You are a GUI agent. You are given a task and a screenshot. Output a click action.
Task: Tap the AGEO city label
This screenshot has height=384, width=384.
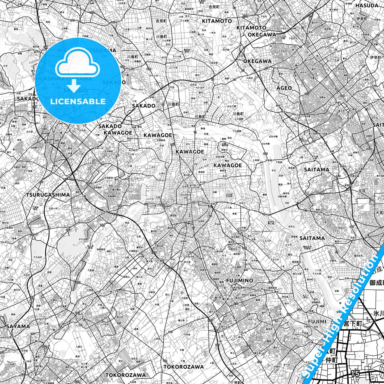[284, 88]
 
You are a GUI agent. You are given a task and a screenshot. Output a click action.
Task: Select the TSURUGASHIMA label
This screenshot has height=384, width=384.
[48, 195]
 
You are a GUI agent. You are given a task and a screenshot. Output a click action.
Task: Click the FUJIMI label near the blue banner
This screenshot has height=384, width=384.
[317, 321]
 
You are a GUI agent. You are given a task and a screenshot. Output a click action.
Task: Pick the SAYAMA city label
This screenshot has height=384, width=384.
[18, 326]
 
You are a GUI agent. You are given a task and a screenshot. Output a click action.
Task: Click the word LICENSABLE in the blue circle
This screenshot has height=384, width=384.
[78, 101]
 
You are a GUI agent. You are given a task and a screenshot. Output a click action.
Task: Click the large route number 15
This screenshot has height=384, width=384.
[355, 373]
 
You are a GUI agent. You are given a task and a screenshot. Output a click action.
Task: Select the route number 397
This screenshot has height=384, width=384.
[78, 282]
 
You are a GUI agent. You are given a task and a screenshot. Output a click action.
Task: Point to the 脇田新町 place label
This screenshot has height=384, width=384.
[170, 228]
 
